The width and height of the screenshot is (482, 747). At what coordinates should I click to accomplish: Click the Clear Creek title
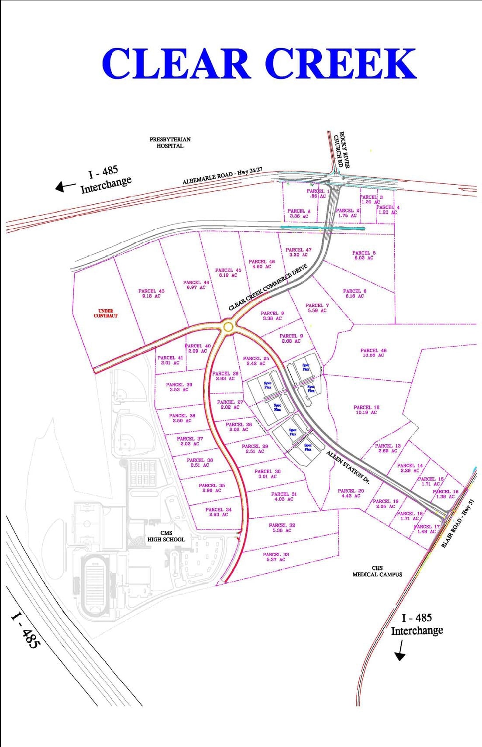click(259, 64)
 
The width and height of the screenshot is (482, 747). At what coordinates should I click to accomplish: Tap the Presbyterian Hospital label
click(170, 143)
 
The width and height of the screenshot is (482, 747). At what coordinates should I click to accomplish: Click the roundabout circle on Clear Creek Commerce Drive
click(228, 327)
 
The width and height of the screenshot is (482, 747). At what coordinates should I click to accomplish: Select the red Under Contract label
click(106, 313)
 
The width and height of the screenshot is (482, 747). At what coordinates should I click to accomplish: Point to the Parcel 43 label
click(151, 293)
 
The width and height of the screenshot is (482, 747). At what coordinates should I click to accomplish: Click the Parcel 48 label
click(373, 353)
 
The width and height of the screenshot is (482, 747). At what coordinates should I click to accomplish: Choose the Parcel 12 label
click(366, 410)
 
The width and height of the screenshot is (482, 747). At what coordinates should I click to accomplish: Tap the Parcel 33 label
click(276, 557)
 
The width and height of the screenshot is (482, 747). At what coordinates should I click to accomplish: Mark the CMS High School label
click(166, 536)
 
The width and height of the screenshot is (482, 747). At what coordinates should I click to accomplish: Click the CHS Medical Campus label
click(377, 571)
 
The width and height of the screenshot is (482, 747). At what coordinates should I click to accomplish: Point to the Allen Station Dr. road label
click(348, 468)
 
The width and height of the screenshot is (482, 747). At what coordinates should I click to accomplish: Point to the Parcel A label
click(299, 213)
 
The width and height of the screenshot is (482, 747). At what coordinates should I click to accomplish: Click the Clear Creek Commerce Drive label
click(268, 287)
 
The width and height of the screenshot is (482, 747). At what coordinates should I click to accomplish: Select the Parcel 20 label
click(351, 493)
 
